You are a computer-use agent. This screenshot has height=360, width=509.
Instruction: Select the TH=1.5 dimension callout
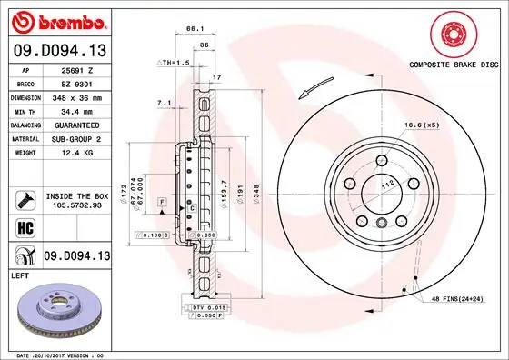(x=173, y=62)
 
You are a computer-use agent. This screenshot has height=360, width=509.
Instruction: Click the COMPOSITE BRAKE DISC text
(x=454, y=65)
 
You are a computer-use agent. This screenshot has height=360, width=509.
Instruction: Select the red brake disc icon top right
(x=454, y=35)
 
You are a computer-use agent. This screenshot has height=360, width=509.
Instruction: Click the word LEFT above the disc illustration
(x=20, y=273)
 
